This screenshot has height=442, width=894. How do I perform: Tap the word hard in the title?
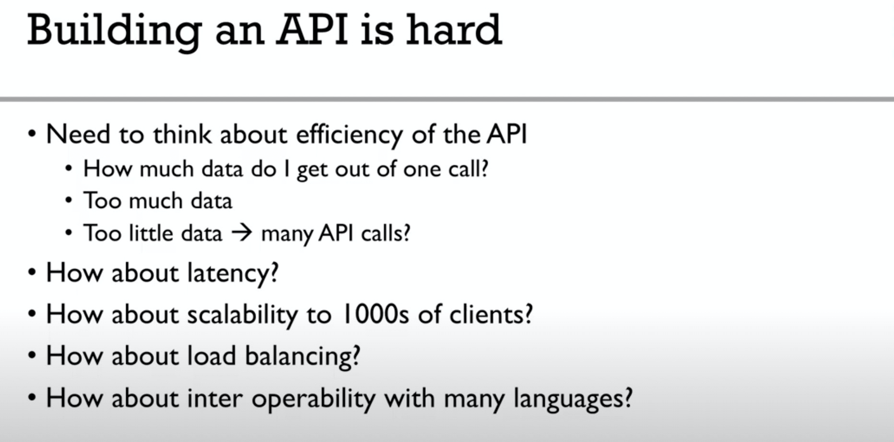pos(454,29)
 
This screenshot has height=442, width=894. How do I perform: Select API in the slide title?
pos(312,30)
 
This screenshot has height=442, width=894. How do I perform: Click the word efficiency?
pos(349,135)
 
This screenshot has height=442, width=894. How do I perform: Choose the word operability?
pos(313,399)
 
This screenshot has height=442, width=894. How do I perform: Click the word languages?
pos(573,399)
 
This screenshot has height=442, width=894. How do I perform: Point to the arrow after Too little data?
pos(242,233)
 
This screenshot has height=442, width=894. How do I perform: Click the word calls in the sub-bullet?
pos(386,233)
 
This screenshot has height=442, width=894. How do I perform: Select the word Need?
pos(78,134)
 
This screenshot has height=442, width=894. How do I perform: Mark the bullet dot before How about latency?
pos(32,273)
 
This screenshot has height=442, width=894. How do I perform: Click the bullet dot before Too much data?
pos(69,201)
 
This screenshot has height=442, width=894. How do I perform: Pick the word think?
pos(182,134)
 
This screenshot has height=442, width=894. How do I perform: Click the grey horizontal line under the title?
pos(447,99)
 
